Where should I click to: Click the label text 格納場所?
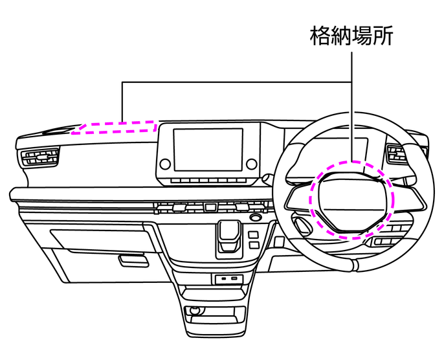pos(351,36)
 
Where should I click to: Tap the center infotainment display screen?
pos(208,150)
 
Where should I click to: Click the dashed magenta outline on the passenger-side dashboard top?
pos(113,127)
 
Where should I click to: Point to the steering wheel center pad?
pos(353,200)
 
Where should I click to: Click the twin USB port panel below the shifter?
pos(228,279)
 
